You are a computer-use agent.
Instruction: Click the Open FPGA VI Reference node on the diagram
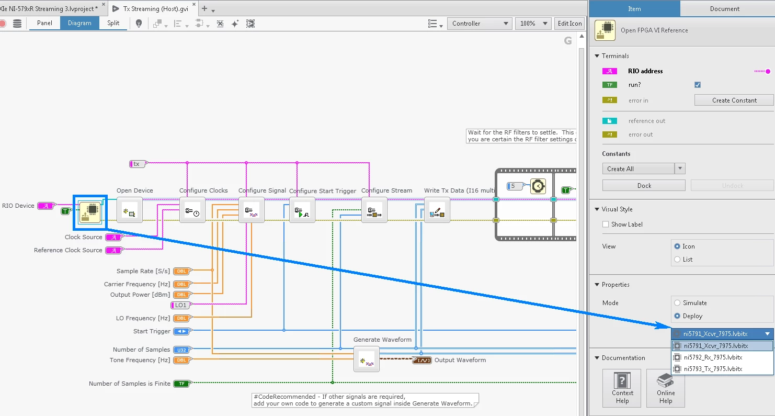(x=90, y=212)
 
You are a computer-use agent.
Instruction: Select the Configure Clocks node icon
(x=192, y=210)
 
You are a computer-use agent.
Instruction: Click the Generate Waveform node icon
(x=366, y=359)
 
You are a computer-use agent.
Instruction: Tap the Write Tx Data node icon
(x=437, y=210)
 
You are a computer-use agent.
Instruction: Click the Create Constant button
(x=734, y=100)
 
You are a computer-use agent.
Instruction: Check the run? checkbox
(x=698, y=85)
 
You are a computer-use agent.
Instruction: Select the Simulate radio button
(x=678, y=303)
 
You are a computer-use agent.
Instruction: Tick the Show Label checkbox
(x=606, y=224)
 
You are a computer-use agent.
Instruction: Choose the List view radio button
(x=678, y=260)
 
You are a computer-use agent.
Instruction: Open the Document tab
(x=724, y=9)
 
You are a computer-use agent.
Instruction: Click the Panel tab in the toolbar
(x=44, y=23)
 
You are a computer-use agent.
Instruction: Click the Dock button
(x=644, y=186)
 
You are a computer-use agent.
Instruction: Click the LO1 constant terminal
(x=181, y=305)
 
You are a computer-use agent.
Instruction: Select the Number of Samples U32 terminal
(x=181, y=350)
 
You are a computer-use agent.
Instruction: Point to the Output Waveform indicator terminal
(x=421, y=360)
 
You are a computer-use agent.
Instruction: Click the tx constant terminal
(x=137, y=164)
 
